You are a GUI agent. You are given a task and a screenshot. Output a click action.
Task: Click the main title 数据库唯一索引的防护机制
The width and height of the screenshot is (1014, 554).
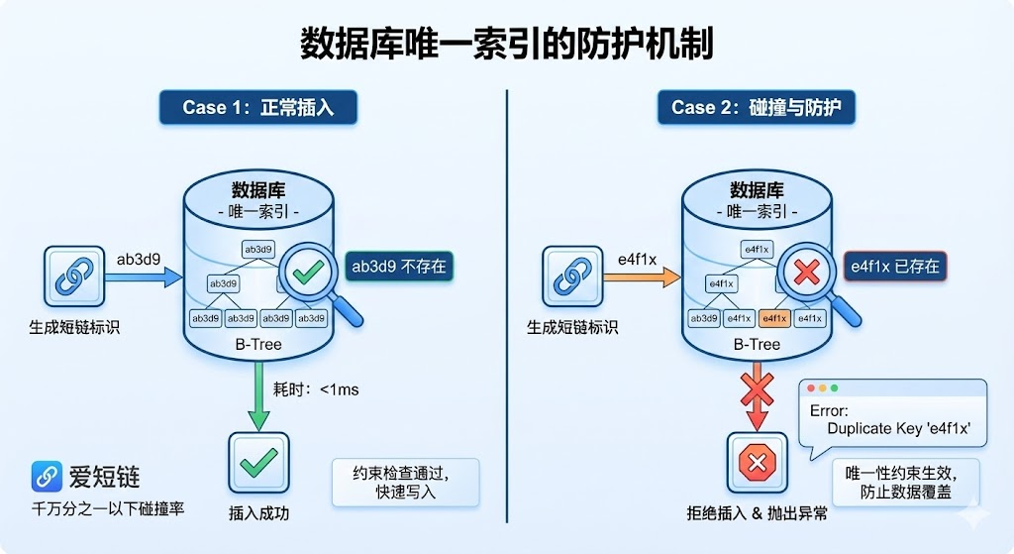(506, 44)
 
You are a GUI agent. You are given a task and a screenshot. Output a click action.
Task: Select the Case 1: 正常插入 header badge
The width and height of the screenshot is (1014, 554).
(257, 108)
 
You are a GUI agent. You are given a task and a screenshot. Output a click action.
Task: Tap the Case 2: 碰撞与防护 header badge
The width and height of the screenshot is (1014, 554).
(756, 108)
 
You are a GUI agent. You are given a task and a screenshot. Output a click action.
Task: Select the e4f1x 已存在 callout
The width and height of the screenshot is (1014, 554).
(894, 267)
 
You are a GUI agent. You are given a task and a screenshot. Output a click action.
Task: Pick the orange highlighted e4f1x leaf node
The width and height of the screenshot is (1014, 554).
(773, 319)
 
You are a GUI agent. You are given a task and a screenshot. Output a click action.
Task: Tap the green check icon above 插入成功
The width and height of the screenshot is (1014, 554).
(258, 462)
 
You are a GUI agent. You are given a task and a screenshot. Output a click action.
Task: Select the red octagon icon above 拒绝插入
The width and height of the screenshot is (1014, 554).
(758, 463)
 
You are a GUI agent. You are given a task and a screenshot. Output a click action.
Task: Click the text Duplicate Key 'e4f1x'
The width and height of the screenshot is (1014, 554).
(898, 427)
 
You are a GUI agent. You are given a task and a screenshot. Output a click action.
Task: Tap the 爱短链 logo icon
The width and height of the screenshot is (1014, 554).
(46, 477)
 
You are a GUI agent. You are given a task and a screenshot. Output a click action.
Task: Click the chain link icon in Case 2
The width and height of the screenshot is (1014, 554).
(572, 277)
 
